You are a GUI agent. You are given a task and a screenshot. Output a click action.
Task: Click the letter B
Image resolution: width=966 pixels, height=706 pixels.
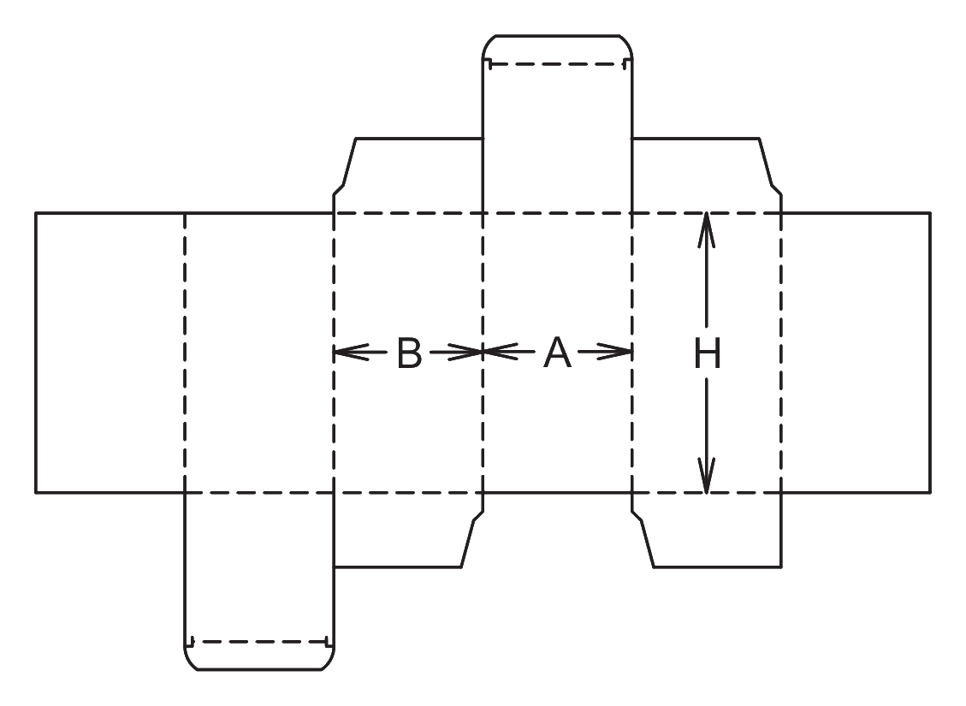[410, 353]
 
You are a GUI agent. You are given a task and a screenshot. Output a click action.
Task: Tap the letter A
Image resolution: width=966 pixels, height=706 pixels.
[557, 353]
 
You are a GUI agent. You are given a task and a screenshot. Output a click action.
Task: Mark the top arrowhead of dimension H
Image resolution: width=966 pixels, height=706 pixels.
[707, 230]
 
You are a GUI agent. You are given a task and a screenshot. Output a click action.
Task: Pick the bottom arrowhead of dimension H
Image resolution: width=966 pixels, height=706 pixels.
[707, 476]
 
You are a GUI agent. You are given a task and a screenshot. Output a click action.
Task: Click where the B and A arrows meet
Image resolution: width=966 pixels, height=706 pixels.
[483, 353]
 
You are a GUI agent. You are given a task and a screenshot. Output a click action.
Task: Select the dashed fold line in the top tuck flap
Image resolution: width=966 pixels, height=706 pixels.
[558, 62]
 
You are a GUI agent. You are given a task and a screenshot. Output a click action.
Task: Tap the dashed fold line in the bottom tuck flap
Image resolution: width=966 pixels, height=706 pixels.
[259, 642]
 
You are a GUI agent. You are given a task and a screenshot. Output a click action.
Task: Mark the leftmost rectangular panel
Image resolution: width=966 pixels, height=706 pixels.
[110, 353]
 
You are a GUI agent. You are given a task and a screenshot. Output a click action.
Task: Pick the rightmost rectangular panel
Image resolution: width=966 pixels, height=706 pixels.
[856, 353]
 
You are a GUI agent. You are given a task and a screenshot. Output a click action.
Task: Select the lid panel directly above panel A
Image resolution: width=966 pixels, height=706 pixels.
[558, 138]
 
